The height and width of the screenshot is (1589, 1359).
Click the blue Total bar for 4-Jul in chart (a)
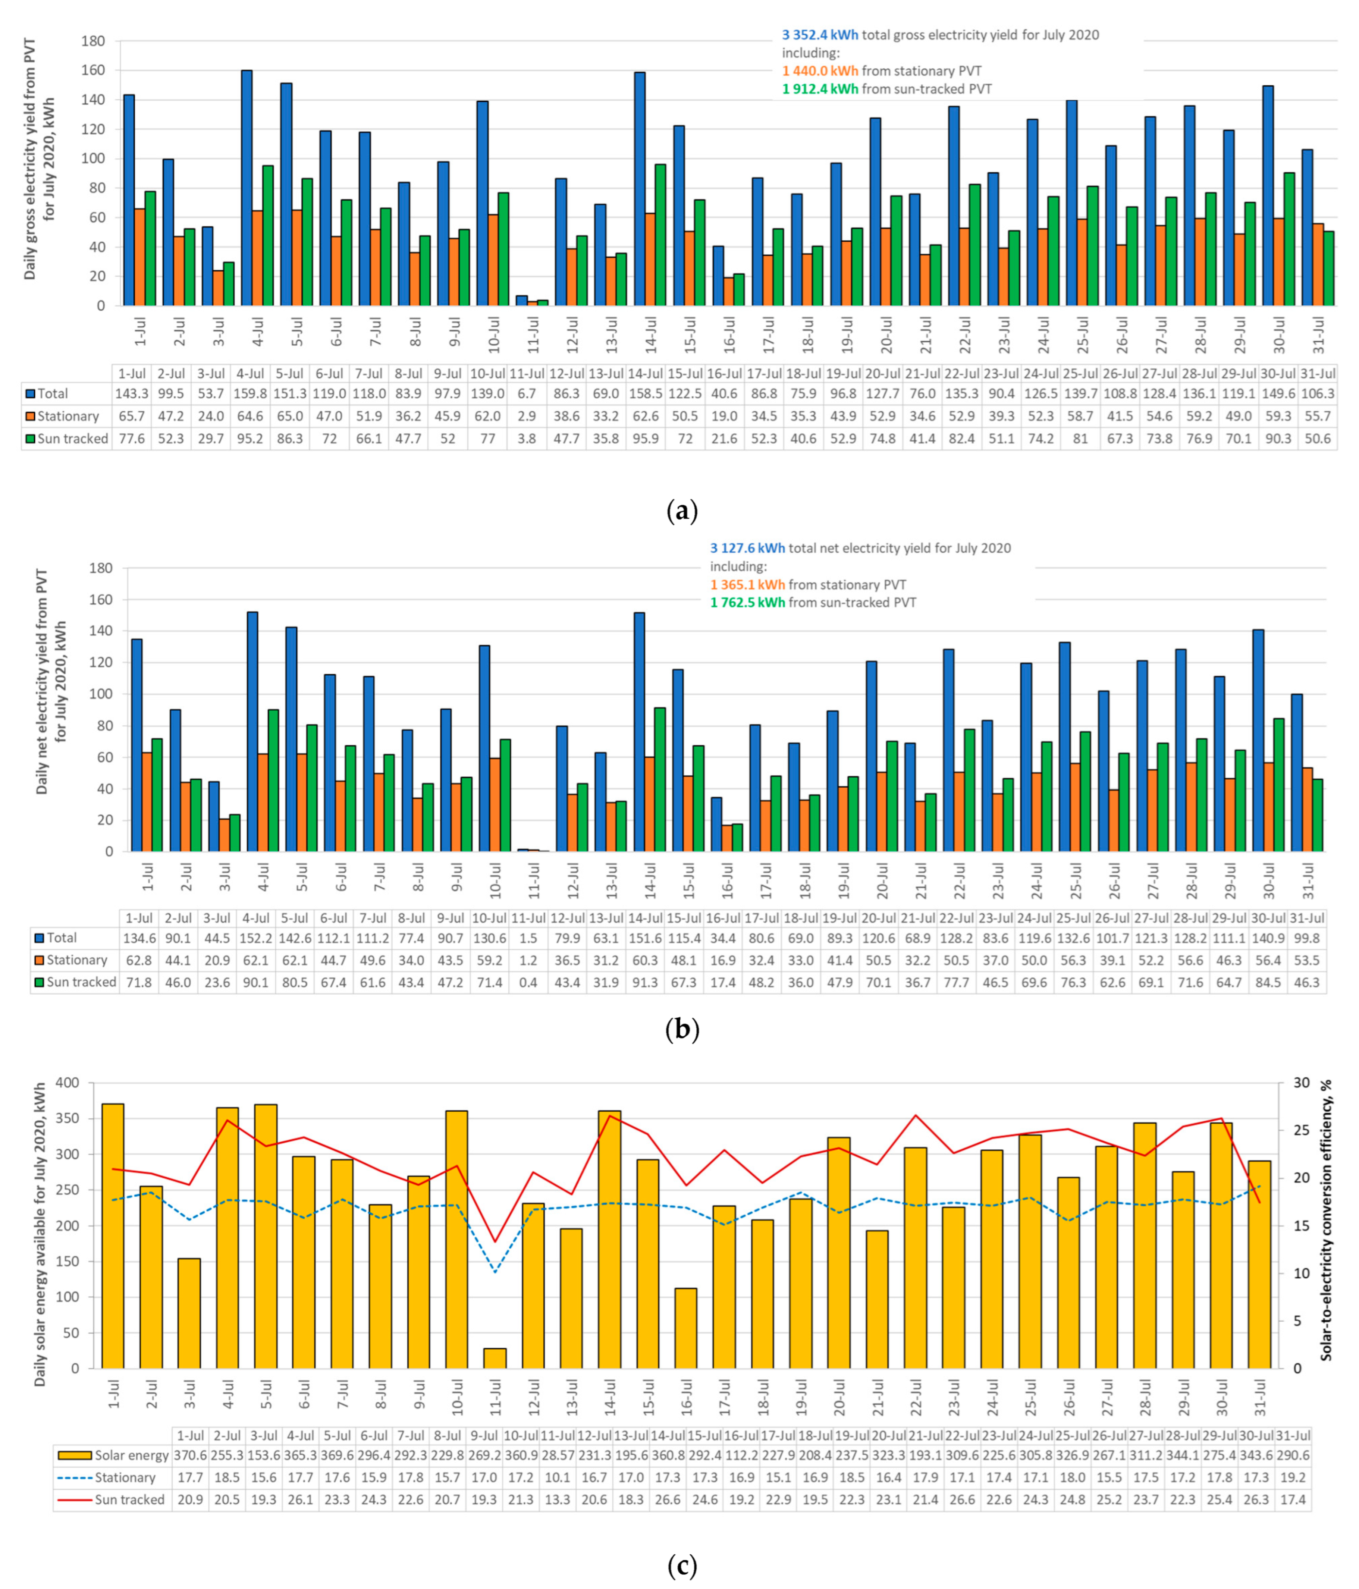[x=247, y=188]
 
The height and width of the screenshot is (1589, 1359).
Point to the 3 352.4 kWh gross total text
[x=820, y=35]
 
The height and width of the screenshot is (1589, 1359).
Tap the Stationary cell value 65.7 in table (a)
[x=132, y=417]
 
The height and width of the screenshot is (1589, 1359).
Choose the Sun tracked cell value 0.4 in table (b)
[x=528, y=982]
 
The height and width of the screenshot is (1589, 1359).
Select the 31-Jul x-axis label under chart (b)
[x=1308, y=881]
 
